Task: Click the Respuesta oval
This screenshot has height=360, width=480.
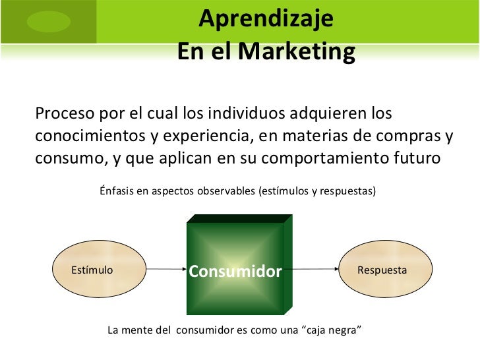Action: pyautogui.click(x=382, y=270)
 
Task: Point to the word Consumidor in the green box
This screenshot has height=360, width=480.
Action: pyautogui.click(x=235, y=272)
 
